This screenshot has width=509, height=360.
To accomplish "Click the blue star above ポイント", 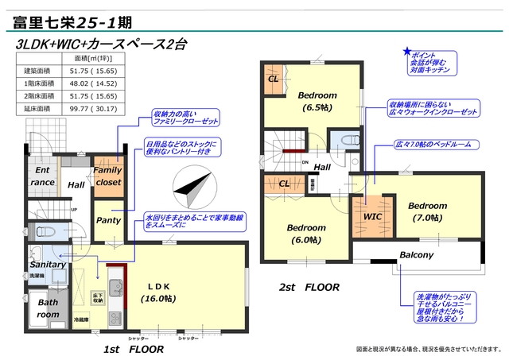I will (406, 49).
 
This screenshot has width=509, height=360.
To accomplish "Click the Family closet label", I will (107, 176).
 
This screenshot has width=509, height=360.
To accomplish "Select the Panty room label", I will (107, 220).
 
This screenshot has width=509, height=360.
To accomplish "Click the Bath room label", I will (48, 308).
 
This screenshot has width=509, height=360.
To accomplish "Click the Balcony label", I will (416, 255).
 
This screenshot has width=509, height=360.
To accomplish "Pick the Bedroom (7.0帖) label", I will (428, 211).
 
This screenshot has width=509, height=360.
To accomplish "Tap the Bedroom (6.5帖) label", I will (317, 101).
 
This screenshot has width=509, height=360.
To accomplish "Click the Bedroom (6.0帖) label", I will (305, 233).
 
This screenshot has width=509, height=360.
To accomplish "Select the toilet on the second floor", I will (347, 141).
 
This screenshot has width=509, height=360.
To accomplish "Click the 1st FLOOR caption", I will (134, 347).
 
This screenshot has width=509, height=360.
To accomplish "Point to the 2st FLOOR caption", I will (309, 287).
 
